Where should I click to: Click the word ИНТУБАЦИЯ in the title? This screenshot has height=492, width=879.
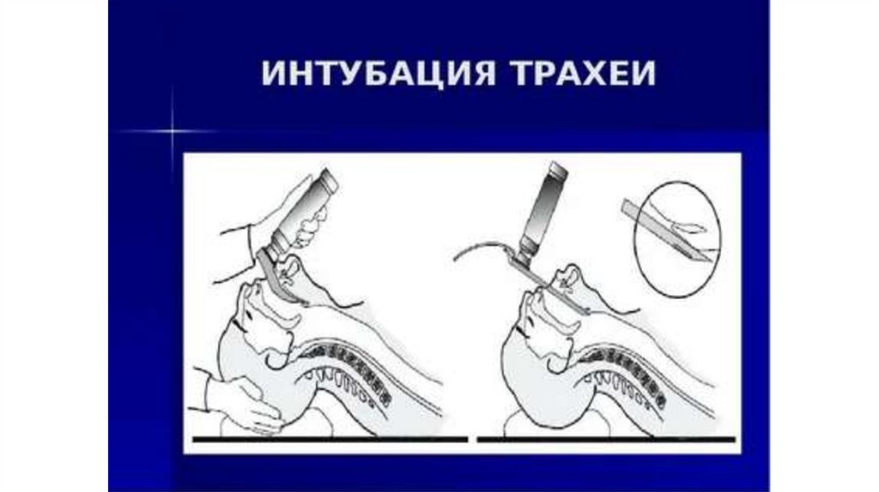click(x=379, y=73)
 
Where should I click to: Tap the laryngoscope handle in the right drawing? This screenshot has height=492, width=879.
click(x=543, y=212)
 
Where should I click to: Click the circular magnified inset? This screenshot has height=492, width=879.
click(x=677, y=239)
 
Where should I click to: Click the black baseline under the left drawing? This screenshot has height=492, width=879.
click(x=330, y=440)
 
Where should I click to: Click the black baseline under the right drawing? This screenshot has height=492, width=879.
click(x=606, y=440)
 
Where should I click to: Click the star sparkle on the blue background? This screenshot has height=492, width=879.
click(x=172, y=131)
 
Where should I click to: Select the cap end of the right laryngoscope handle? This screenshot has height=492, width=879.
click(x=559, y=168)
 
